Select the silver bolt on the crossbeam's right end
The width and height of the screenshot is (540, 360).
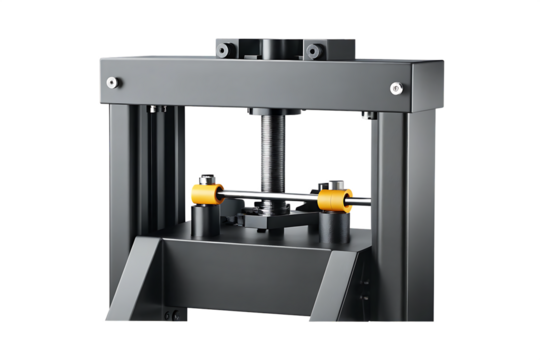coord(396,88)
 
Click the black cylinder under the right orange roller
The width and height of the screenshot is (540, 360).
coord(335,228)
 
